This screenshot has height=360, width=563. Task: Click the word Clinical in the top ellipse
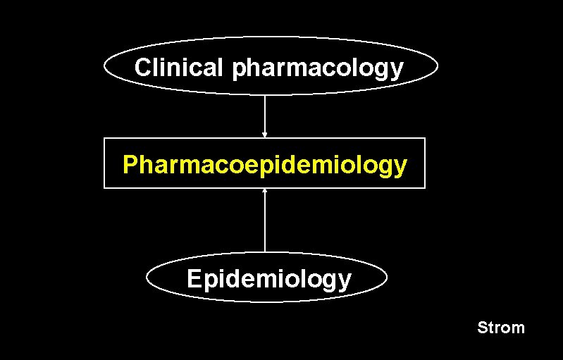tap(179, 68)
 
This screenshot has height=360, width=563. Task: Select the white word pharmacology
tap(317, 70)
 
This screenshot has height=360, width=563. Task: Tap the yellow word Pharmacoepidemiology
tap(264, 165)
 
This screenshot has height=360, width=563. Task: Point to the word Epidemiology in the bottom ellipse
tap(268, 279)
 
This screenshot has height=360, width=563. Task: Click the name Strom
tap(501, 328)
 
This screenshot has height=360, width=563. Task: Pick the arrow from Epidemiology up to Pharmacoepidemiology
tap(265, 222)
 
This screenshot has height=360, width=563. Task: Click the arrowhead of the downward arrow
tap(265, 134)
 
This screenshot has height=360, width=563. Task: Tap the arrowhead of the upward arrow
tap(265, 192)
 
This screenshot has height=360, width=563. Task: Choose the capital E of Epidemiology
tap(194, 279)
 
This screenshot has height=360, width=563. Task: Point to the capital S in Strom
tap(483, 328)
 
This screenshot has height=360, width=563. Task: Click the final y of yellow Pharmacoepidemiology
tap(400, 168)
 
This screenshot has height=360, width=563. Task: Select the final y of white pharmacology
tap(397, 71)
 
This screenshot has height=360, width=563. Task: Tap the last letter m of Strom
tap(518, 328)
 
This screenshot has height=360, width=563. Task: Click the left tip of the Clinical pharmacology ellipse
tap(105, 66)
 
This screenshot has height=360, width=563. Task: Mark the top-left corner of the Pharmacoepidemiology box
tap(104, 138)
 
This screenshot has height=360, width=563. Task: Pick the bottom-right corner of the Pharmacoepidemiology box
tap(425, 188)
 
